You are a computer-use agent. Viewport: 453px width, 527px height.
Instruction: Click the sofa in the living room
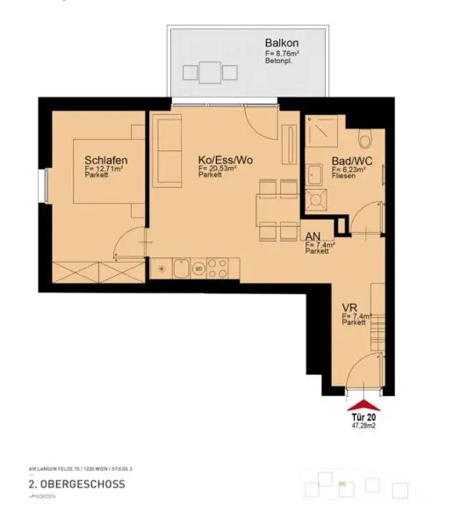coord(166,141)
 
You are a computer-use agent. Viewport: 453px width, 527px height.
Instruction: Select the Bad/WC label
coord(351,160)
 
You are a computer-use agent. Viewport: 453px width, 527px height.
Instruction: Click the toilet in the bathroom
coord(366,140)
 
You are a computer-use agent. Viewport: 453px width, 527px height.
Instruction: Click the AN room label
coord(312,236)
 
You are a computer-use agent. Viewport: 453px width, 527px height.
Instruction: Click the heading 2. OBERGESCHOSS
coord(76,484)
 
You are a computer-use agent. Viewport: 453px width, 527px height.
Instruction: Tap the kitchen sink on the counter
coord(179,268)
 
